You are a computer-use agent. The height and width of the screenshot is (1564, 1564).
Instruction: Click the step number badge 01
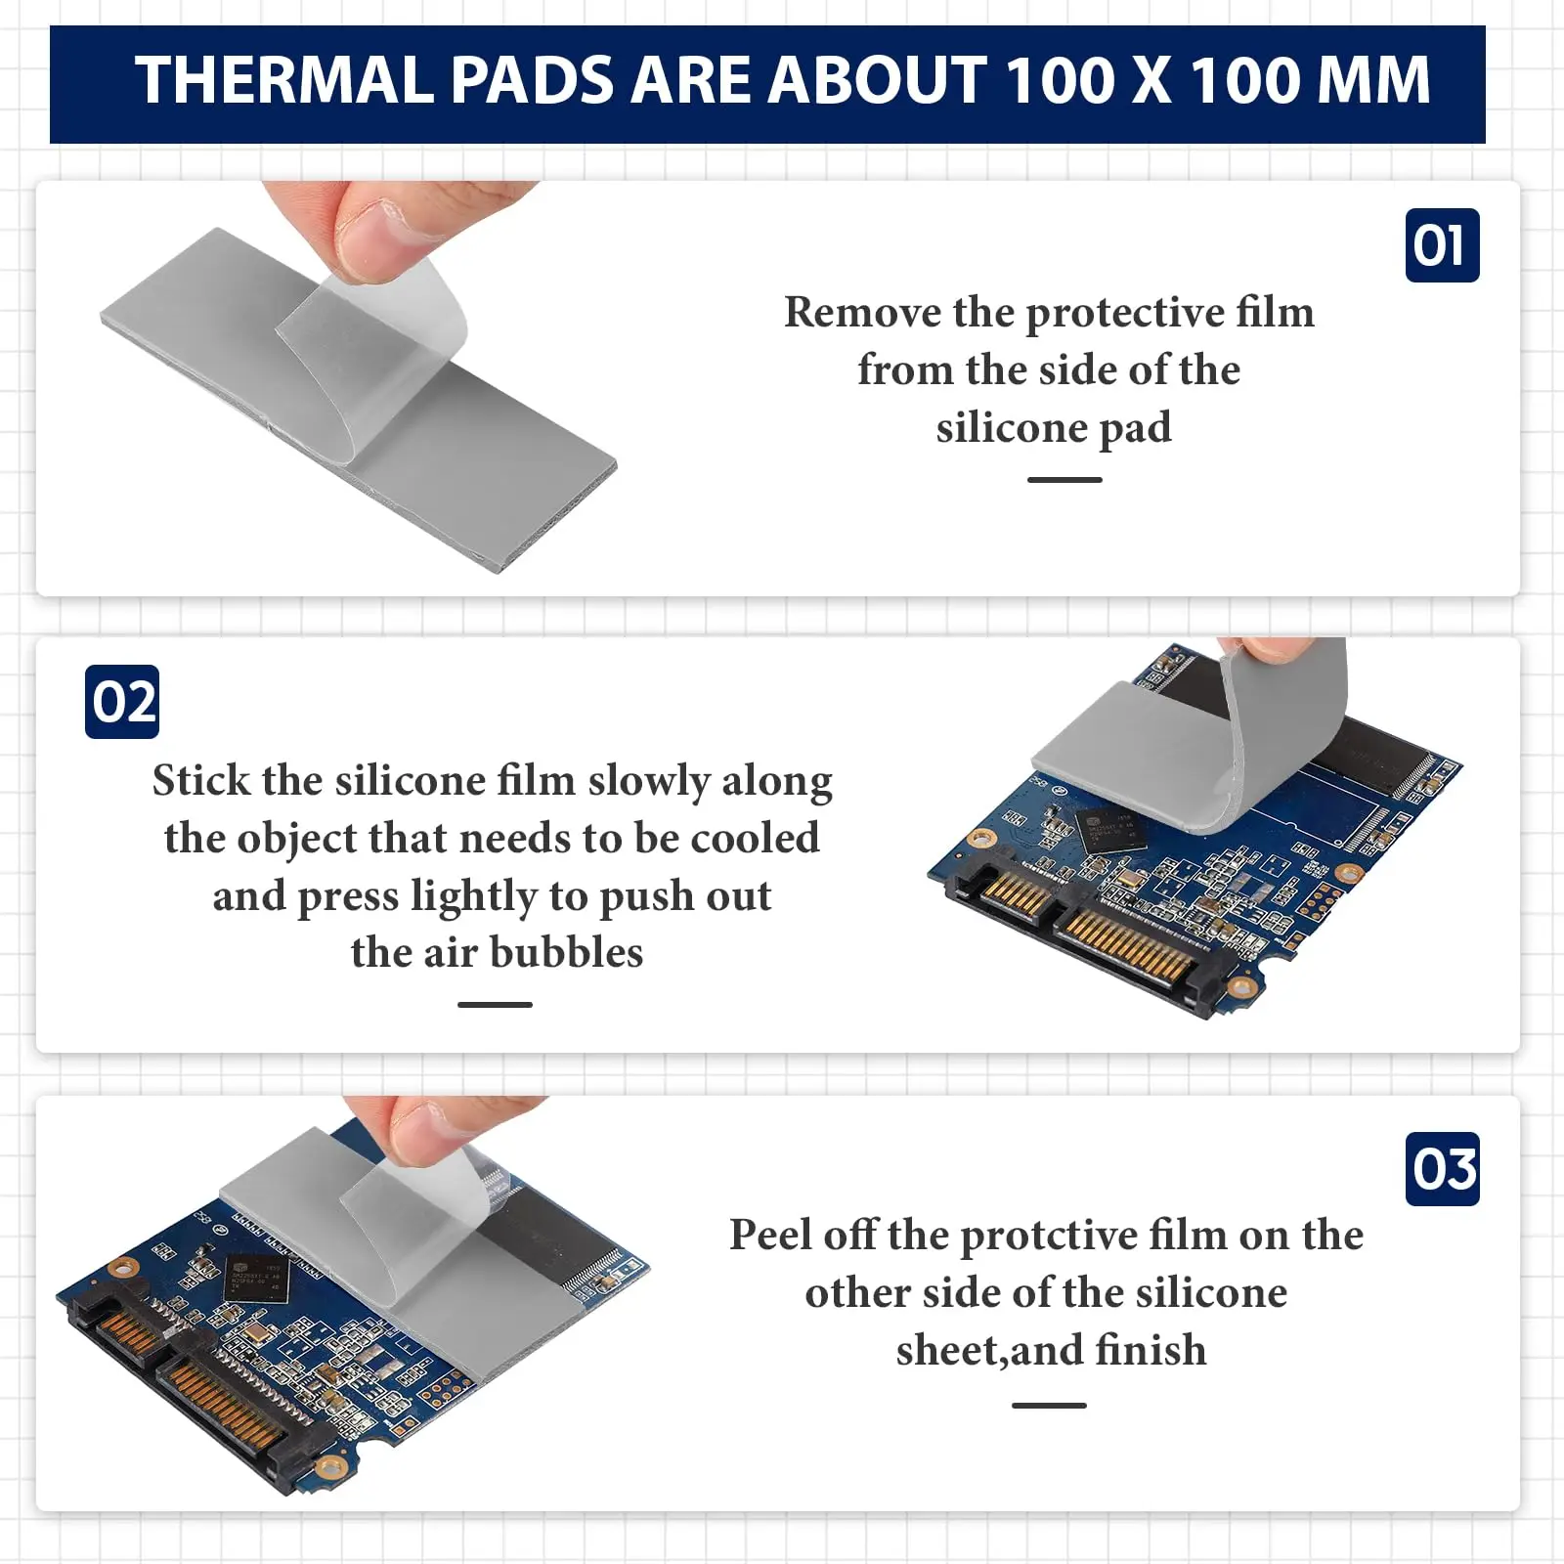(x=1442, y=245)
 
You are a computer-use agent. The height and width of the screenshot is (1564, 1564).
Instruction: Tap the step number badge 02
(x=122, y=702)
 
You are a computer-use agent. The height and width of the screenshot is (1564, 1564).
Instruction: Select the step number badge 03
(x=1442, y=1169)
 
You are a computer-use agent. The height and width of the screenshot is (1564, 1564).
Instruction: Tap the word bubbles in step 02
(x=566, y=953)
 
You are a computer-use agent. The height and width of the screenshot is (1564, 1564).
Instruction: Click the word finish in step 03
(x=1151, y=1351)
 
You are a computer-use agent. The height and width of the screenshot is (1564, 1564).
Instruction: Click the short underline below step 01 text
(x=1064, y=480)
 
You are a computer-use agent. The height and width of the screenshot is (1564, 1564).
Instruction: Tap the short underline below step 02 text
(x=495, y=1005)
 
